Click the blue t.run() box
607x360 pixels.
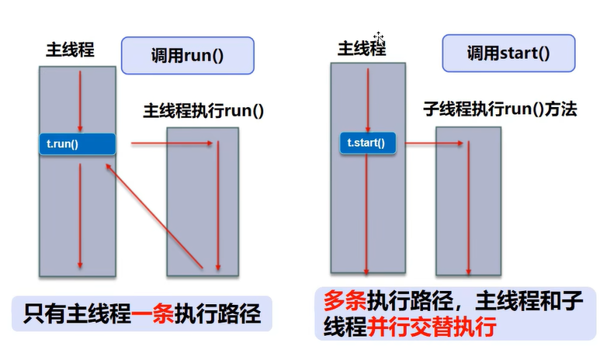point(77,144)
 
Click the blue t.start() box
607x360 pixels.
point(366,143)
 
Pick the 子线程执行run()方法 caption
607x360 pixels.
point(500,109)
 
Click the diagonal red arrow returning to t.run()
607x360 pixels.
point(154,216)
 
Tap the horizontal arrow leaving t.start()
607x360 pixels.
point(435,143)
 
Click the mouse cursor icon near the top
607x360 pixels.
point(379,37)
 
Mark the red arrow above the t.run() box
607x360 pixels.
point(80,101)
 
